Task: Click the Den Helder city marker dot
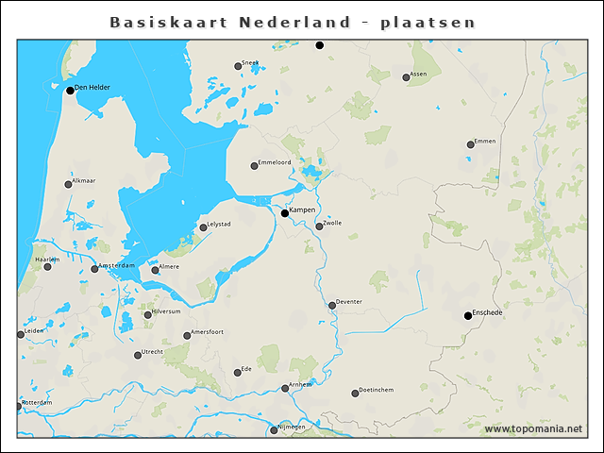(x=70, y=91)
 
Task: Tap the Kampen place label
(x=302, y=210)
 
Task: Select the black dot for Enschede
(x=468, y=315)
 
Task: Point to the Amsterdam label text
(x=117, y=266)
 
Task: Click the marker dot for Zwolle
(x=319, y=226)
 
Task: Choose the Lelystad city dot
(x=203, y=227)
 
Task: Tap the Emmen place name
(x=485, y=142)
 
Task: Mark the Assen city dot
(x=406, y=77)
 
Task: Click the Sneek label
(x=250, y=63)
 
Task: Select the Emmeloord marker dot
(x=254, y=166)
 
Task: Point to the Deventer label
(x=349, y=302)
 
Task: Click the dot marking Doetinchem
(x=355, y=394)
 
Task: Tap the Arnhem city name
(x=300, y=385)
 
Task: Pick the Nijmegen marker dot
(x=274, y=430)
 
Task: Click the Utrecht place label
(x=153, y=352)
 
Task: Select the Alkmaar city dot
(x=68, y=184)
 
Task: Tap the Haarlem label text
(x=47, y=259)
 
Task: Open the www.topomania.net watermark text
(x=533, y=429)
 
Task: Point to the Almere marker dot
(x=156, y=270)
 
